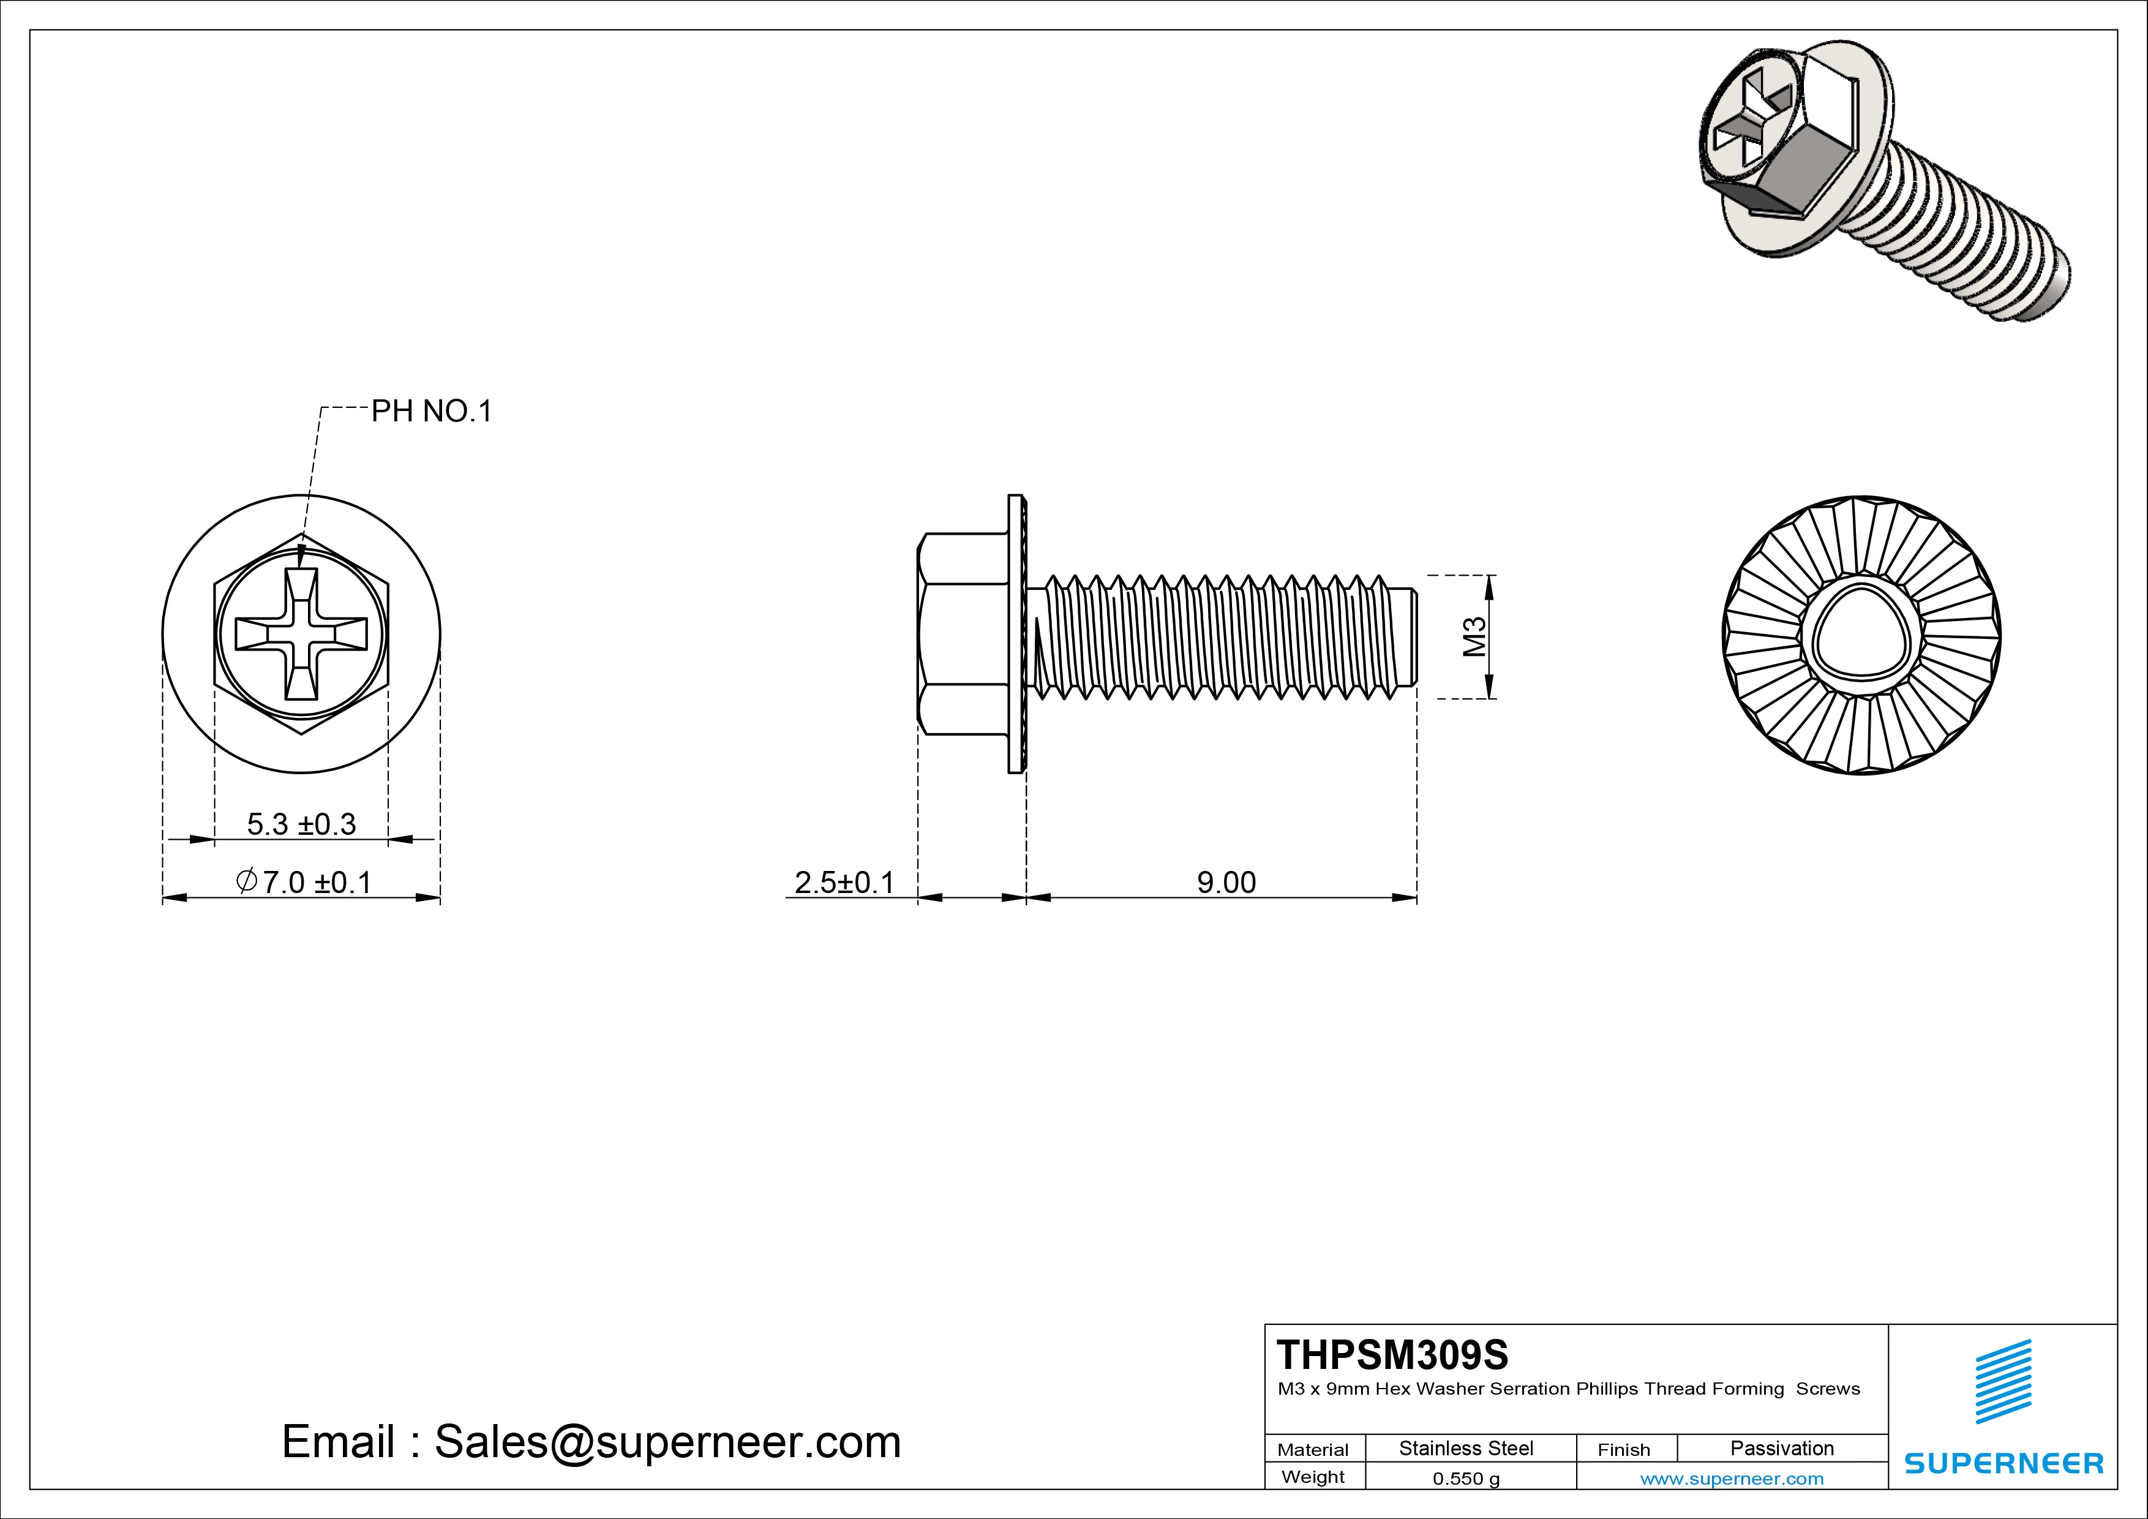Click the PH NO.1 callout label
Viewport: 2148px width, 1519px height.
click(x=431, y=411)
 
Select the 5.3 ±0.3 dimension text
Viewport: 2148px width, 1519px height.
click(x=301, y=824)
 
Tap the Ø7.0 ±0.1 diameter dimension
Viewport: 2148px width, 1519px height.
click(x=304, y=881)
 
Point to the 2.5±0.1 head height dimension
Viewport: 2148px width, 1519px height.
click(x=844, y=881)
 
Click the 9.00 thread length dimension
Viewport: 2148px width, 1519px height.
click(x=1226, y=881)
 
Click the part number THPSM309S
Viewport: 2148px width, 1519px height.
click(x=1392, y=1354)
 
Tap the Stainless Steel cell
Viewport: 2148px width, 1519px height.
click(x=1466, y=1448)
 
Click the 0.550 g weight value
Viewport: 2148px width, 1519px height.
click(x=1466, y=1479)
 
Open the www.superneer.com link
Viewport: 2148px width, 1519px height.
click(x=1732, y=1479)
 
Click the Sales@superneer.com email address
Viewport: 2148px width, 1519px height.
click(x=667, y=1441)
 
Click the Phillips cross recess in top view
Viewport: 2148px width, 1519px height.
click(x=301, y=633)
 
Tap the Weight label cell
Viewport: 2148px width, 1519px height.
click(x=1313, y=1477)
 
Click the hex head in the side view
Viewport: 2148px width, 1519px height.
click(x=964, y=633)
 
